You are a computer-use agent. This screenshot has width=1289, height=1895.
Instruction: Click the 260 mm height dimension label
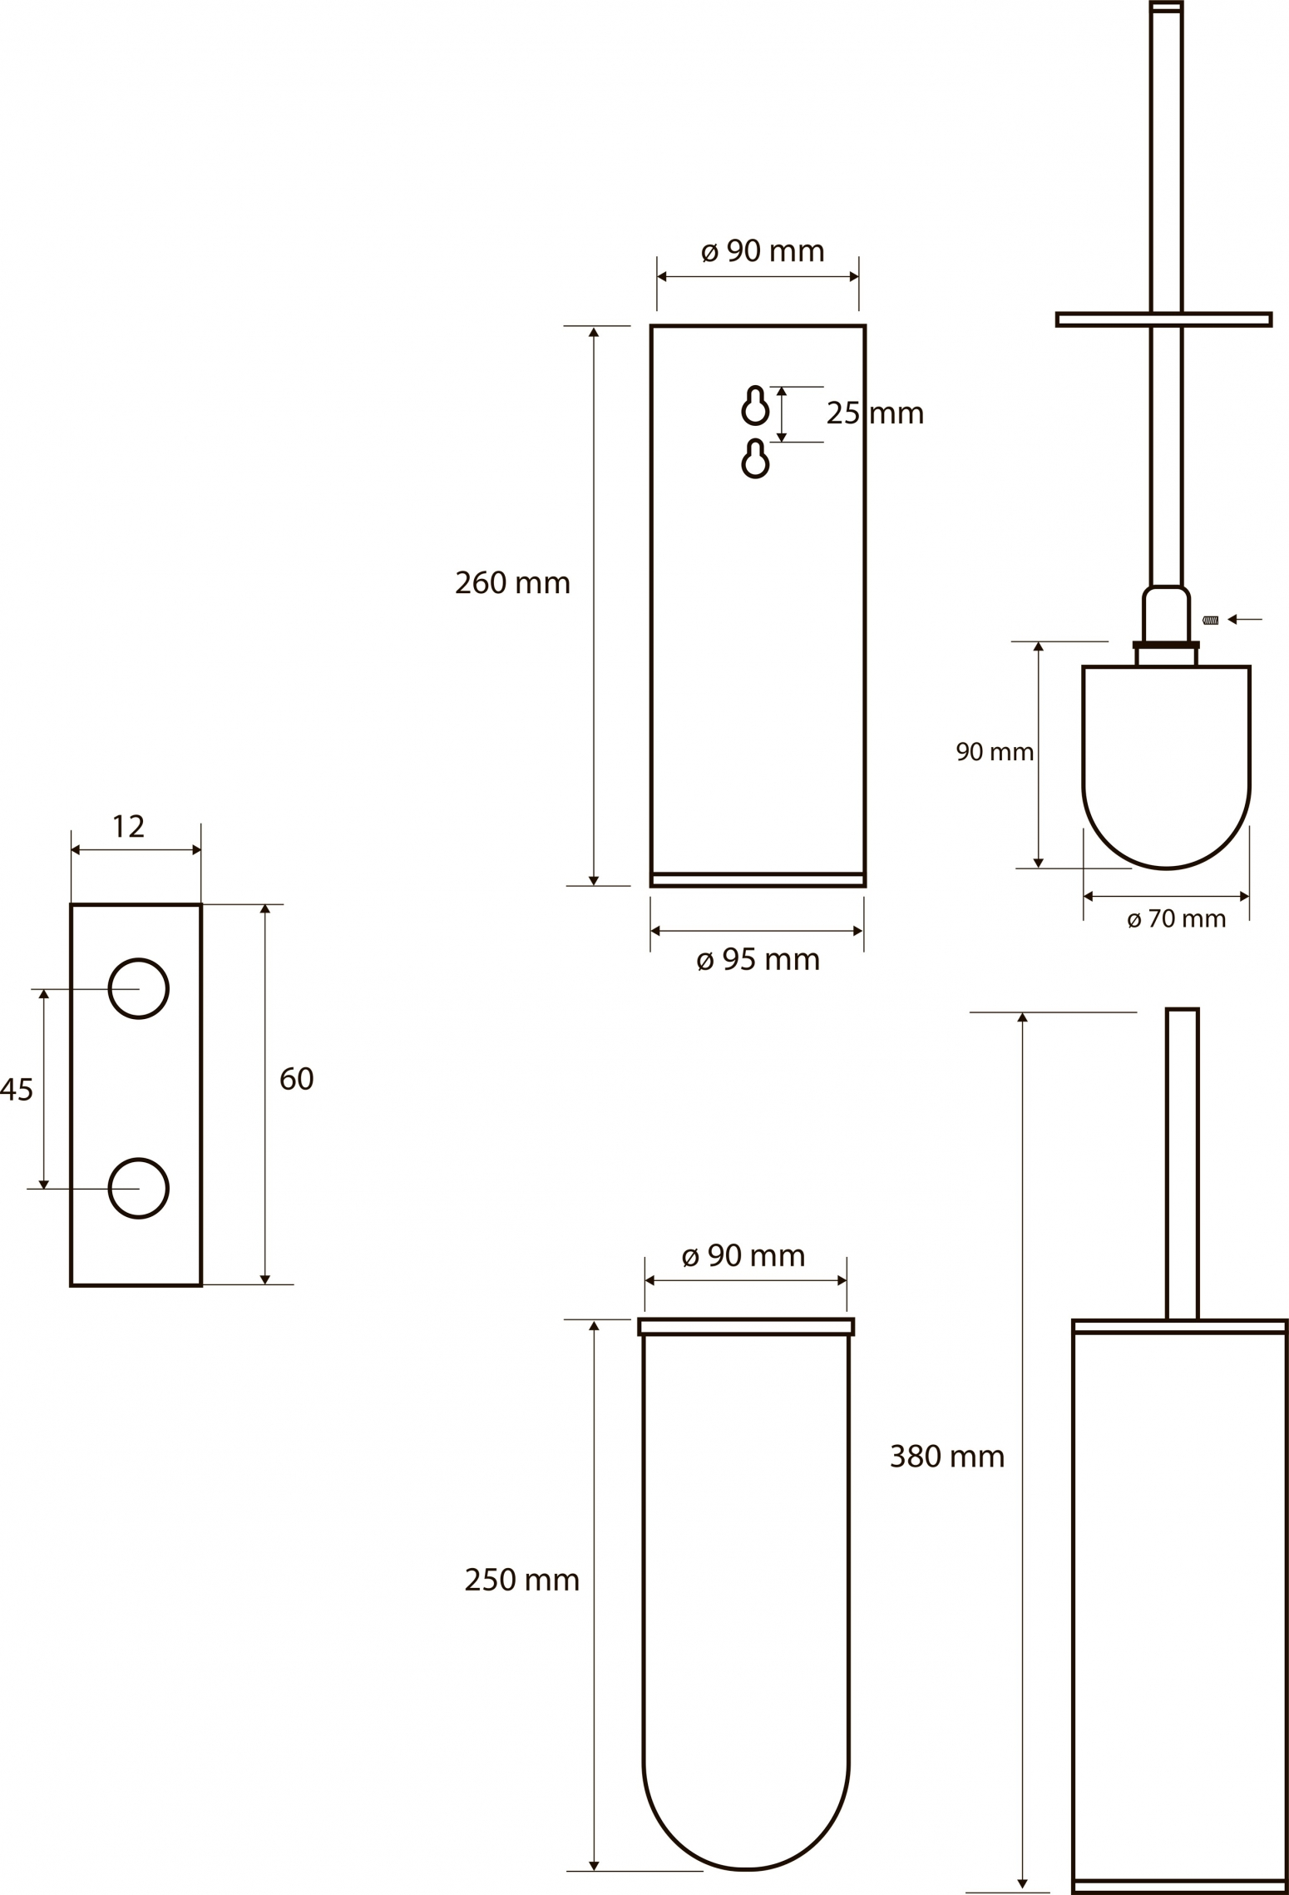[512, 583]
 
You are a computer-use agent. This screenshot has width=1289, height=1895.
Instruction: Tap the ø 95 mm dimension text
[758, 960]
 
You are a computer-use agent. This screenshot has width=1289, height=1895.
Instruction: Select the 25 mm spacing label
[875, 413]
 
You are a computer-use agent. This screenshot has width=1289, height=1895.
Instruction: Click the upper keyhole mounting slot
[755, 406]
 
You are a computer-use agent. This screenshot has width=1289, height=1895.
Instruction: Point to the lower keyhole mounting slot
[755, 458]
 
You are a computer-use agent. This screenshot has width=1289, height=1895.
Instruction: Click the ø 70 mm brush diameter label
[1176, 919]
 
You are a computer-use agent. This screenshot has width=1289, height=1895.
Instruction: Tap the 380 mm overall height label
[947, 1457]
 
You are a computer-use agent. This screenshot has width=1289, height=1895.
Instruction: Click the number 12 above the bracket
[128, 827]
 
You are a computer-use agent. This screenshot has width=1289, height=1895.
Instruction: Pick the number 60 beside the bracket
[296, 1080]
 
